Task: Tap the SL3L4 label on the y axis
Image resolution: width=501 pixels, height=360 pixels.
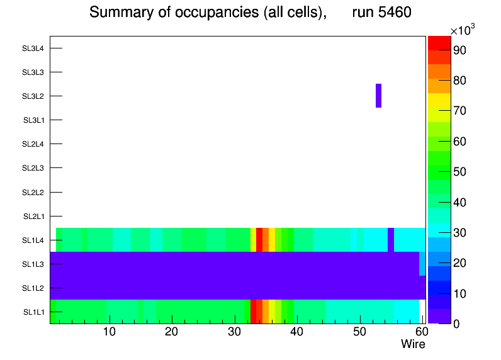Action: point(33,48)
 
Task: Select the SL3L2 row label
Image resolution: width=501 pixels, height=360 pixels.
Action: point(33,96)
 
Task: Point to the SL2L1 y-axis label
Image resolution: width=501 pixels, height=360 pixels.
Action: point(33,217)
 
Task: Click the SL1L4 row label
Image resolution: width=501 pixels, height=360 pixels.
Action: point(33,240)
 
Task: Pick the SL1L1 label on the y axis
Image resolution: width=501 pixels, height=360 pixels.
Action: point(33,312)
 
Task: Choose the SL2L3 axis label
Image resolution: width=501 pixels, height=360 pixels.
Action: point(33,168)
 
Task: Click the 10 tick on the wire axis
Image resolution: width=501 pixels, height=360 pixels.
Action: point(110,332)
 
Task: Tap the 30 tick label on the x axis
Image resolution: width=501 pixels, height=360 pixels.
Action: point(234,332)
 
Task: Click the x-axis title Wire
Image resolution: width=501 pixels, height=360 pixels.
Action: point(413,344)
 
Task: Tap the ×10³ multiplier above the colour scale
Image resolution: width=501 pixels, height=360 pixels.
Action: point(465,31)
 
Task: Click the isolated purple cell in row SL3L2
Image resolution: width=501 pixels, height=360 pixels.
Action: point(378,96)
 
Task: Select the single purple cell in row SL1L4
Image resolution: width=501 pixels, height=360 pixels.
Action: point(391,240)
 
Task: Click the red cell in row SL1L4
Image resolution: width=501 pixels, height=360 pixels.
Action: point(259,240)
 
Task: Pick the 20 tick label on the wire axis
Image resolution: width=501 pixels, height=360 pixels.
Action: point(172,332)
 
